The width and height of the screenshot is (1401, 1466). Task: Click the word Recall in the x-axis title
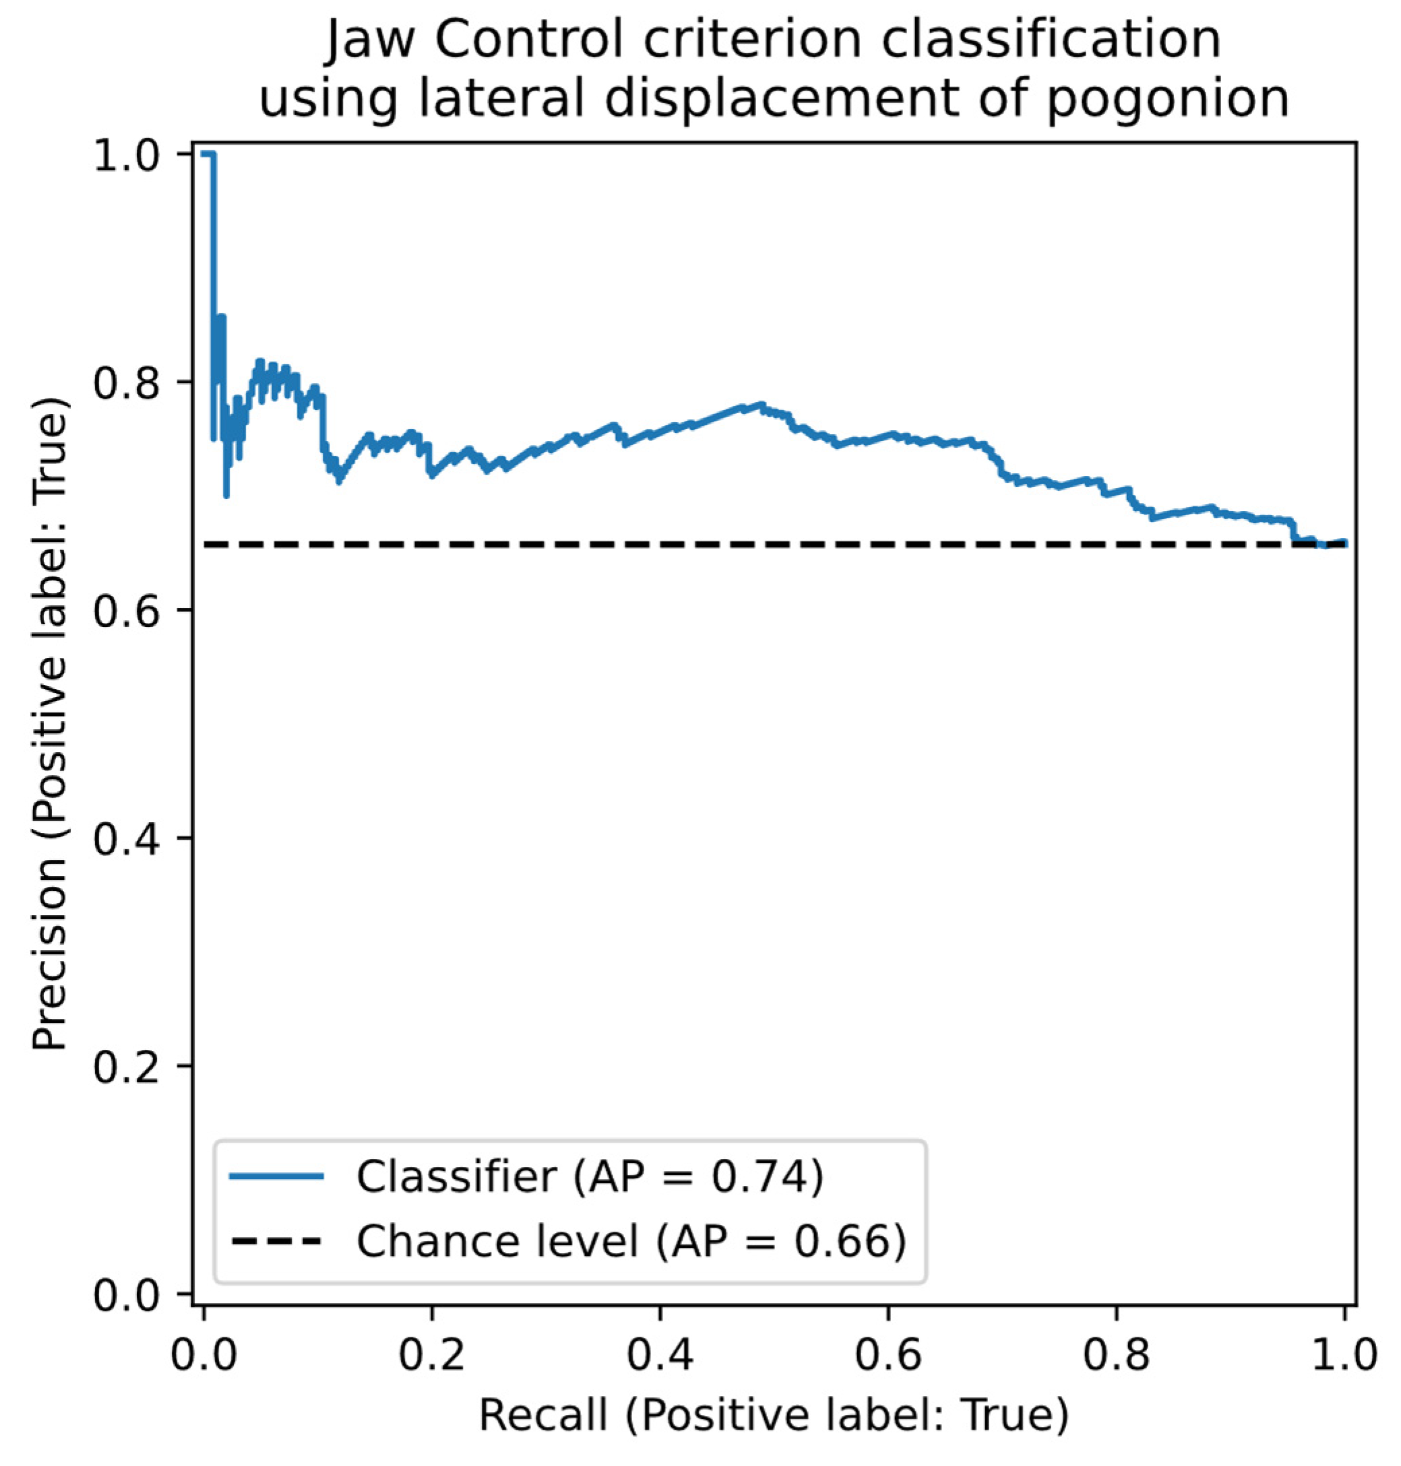click(x=543, y=1415)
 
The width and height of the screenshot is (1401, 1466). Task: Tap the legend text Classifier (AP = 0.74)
click(x=590, y=1177)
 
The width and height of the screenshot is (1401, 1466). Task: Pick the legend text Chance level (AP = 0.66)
click(x=631, y=1241)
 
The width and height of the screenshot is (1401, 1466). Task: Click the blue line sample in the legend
click(x=277, y=1177)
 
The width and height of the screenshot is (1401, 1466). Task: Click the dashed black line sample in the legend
click(x=277, y=1241)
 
